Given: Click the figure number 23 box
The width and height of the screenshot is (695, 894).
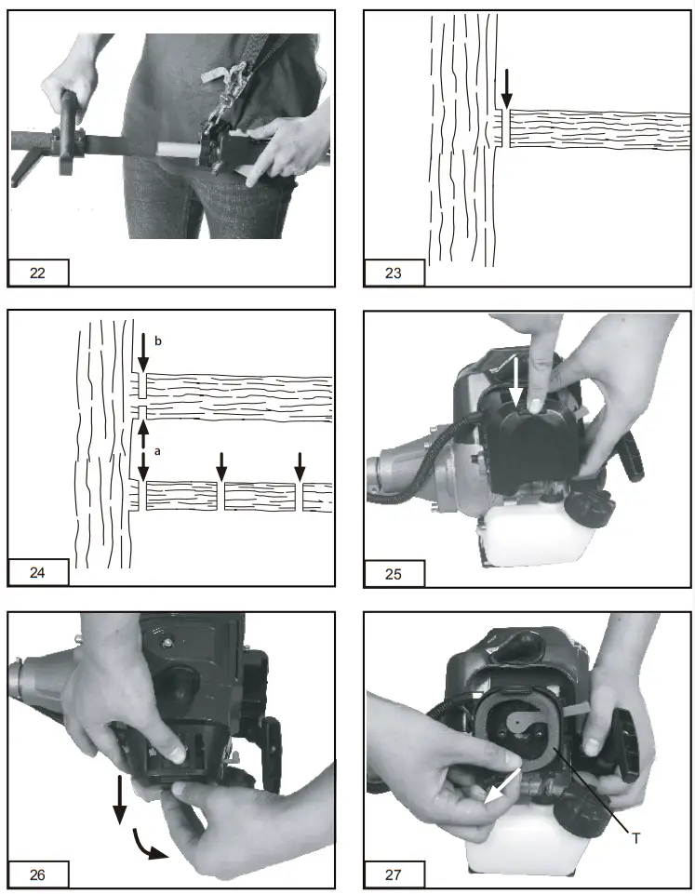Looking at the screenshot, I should point(394,273).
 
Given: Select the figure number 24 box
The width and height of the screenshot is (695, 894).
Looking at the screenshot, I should point(38,572).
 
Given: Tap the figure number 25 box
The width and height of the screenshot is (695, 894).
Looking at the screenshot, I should point(394,572).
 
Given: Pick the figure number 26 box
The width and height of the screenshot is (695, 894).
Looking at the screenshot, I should point(38,874).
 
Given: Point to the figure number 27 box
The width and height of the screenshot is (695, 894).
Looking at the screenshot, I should point(394,874).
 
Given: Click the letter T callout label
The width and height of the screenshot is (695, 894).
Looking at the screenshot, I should point(636,838).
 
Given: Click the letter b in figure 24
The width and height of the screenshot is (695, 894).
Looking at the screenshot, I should point(157,342).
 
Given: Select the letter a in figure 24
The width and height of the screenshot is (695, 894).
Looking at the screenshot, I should point(157,449).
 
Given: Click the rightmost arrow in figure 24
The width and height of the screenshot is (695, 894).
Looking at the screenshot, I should point(299,464).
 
